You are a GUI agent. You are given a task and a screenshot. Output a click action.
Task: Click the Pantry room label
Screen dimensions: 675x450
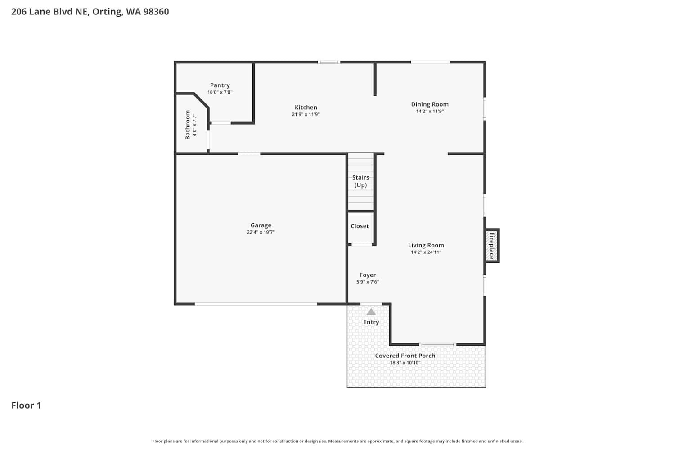(x=220, y=85)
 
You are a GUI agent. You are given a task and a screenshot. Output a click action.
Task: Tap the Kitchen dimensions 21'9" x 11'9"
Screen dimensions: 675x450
(x=306, y=114)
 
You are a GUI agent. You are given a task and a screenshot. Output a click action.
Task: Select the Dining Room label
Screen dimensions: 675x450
(x=430, y=104)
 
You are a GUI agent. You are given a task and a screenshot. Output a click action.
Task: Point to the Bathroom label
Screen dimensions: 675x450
(x=188, y=125)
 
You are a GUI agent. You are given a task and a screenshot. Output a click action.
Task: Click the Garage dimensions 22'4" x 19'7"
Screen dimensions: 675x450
(x=261, y=232)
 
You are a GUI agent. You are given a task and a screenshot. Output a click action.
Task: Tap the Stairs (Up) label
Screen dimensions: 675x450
(x=361, y=181)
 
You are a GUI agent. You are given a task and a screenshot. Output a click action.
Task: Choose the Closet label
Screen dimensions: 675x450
(x=360, y=226)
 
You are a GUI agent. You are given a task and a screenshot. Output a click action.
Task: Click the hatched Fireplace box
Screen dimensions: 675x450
(x=491, y=246)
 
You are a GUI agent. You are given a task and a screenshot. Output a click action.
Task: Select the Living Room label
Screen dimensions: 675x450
(x=426, y=245)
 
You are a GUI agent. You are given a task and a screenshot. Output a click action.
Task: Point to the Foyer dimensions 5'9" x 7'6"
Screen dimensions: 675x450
(x=367, y=282)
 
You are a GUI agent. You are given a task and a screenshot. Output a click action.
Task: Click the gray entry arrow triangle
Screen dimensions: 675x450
(x=371, y=312)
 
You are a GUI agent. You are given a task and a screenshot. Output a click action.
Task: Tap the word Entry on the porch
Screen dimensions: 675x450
(x=371, y=322)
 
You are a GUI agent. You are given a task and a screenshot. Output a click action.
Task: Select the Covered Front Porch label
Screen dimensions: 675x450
(x=405, y=355)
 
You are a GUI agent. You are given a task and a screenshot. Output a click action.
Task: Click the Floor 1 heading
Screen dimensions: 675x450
(x=26, y=405)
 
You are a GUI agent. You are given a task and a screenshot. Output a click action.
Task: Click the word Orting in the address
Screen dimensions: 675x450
(x=107, y=12)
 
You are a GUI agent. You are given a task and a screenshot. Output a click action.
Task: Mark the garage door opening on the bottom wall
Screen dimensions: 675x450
(x=256, y=304)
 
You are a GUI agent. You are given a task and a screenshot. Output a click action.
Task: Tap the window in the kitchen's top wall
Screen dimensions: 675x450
(x=329, y=63)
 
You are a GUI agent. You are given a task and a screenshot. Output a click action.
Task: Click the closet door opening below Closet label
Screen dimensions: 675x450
(x=362, y=244)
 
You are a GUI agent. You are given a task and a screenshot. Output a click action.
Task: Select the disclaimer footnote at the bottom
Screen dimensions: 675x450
(x=337, y=441)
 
